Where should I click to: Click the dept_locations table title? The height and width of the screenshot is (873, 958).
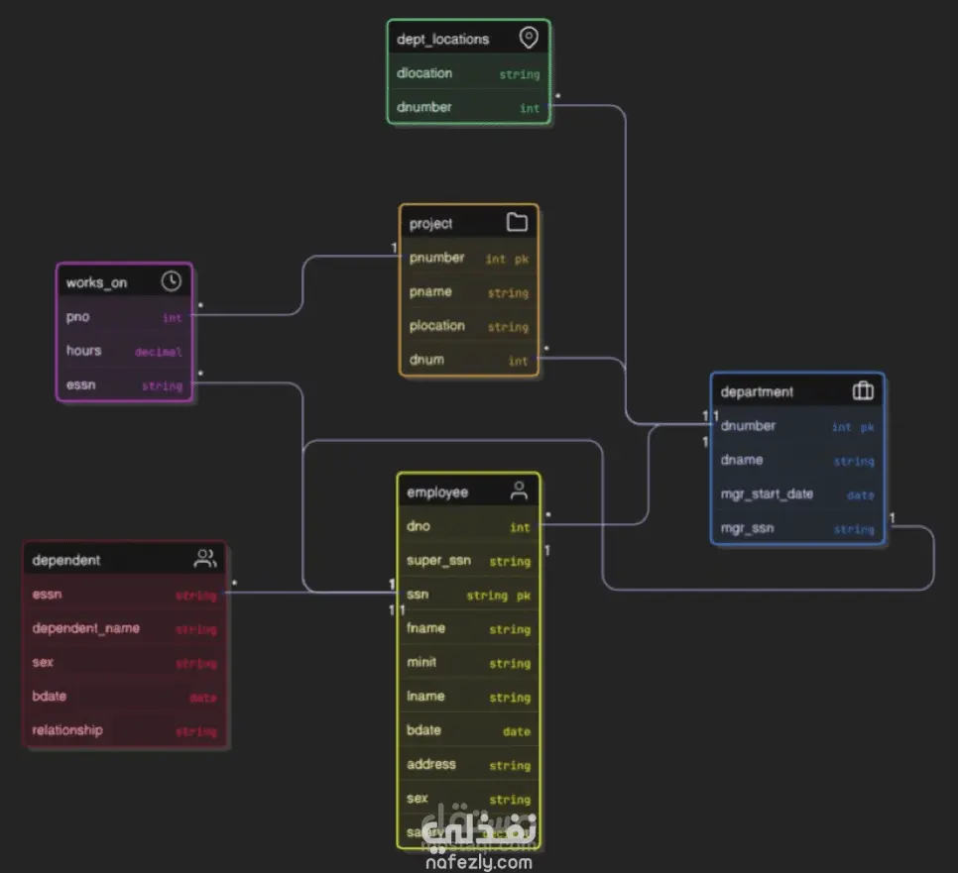click(442, 40)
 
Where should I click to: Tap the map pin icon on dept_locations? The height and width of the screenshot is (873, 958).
click(529, 39)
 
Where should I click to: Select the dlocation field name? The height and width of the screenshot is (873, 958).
click(424, 73)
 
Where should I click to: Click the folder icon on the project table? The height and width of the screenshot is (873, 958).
click(517, 222)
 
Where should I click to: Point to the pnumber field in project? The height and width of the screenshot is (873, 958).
click(436, 258)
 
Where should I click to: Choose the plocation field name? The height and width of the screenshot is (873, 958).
click(436, 326)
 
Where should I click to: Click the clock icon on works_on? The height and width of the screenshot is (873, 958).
click(172, 281)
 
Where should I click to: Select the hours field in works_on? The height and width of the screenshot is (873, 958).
click(83, 351)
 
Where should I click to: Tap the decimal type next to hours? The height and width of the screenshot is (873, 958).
click(159, 352)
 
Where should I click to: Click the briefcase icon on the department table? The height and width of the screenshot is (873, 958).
click(863, 390)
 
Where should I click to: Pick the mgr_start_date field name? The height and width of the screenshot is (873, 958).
click(767, 494)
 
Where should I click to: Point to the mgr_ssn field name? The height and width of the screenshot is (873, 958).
click(747, 528)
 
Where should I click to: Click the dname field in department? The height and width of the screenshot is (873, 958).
click(742, 461)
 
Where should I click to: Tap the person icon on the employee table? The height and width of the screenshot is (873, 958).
click(519, 491)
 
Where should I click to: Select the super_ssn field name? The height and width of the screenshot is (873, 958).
click(438, 561)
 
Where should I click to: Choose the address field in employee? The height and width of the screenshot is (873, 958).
click(431, 765)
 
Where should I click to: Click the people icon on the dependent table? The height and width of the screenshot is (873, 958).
click(205, 559)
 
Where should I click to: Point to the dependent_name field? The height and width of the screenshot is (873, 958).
click(85, 628)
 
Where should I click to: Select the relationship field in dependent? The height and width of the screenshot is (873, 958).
click(67, 730)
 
